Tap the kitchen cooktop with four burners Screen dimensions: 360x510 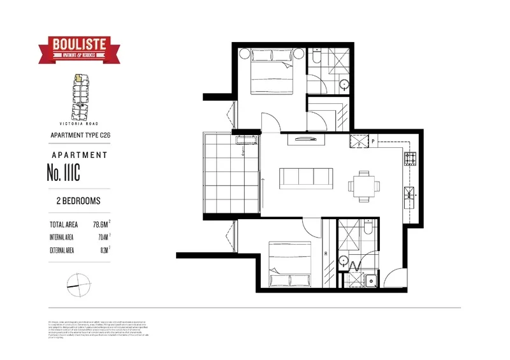pyautogui.click(x=410, y=159)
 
